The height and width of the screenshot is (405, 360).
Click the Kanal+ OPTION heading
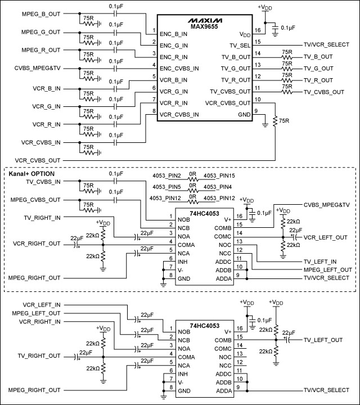(31, 174)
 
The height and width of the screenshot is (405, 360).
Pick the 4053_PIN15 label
(219, 176)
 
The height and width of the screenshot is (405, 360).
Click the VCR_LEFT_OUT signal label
(326, 238)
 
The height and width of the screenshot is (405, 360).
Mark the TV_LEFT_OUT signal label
(323, 340)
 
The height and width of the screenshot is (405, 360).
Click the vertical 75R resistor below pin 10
(275, 121)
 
